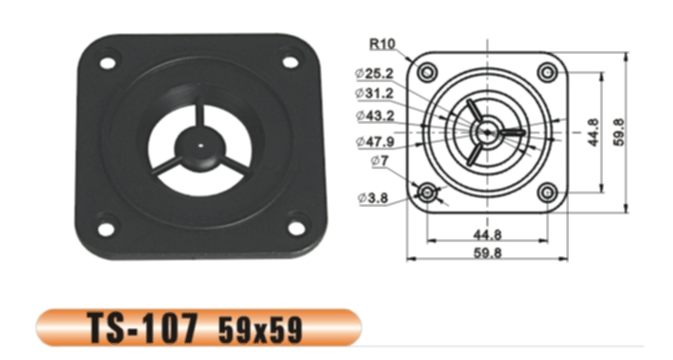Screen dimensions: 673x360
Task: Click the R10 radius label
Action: point(383,43)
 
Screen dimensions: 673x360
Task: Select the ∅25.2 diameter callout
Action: point(374,74)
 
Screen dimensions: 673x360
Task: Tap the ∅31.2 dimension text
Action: point(374,94)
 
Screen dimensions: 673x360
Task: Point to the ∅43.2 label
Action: point(374,116)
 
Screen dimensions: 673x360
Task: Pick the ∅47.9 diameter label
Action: point(374,142)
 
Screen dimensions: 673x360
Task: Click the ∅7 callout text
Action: point(379,161)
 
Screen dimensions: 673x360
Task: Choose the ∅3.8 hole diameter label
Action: point(373,197)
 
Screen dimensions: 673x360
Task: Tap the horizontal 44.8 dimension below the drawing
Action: point(487,234)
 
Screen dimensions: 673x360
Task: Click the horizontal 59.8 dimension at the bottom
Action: point(487,252)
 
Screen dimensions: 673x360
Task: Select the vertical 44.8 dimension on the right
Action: point(594,132)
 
